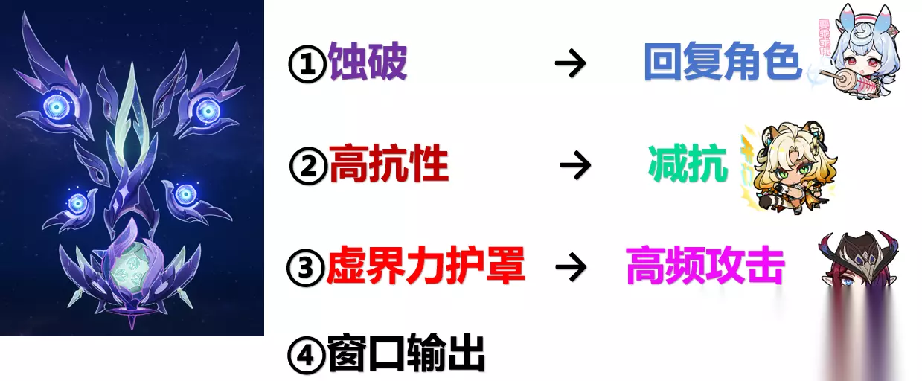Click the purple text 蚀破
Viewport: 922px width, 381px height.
pyautogui.click(x=368, y=61)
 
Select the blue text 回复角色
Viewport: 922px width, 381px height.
pyautogui.click(x=723, y=61)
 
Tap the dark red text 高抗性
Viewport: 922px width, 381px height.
pyautogui.click(x=388, y=164)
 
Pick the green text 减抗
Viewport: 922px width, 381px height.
pyautogui.click(x=688, y=164)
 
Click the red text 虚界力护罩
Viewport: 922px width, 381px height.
pyautogui.click(x=426, y=266)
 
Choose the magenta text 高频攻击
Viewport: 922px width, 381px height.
pyautogui.click(x=705, y=266)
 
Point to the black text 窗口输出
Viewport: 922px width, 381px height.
pyautogui.click(x=406, y=353)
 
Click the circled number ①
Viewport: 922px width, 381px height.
pyautogui.click(x=307, y=64)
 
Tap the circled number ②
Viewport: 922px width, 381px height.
pyautogui.click(x=309, y=166)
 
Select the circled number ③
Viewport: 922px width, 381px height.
pyautogui.click(x=306, y=268)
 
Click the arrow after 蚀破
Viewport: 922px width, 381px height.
pyautogui.click(x=571, y=63)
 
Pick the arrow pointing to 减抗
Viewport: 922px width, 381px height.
pyautogui.click(x=575, y=165)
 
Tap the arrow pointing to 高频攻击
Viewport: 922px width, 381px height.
pyautogui.click(x=572, y=267)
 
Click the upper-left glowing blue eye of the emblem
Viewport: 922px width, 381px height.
pyautogui.click(x=57, y=107)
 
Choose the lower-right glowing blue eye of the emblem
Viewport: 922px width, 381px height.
pyautogui.click(x=185, y=193)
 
